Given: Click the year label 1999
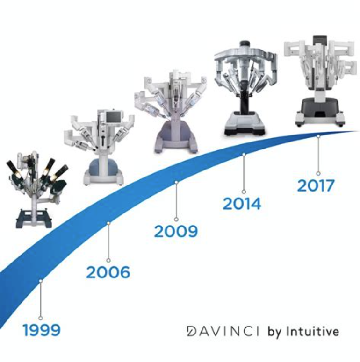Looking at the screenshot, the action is pos(42,330).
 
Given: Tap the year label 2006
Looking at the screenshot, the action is pos(108,272).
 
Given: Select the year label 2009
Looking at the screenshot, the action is pos(176,231).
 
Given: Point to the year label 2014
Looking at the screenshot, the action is pos(242,204).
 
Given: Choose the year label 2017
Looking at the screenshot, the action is pos(316,185).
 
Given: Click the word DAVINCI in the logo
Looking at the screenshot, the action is pos(223,331).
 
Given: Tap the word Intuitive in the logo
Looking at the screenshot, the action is pos(313,331).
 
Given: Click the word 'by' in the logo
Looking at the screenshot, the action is pos(275,332).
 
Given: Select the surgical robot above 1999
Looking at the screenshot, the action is pos(37,189).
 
